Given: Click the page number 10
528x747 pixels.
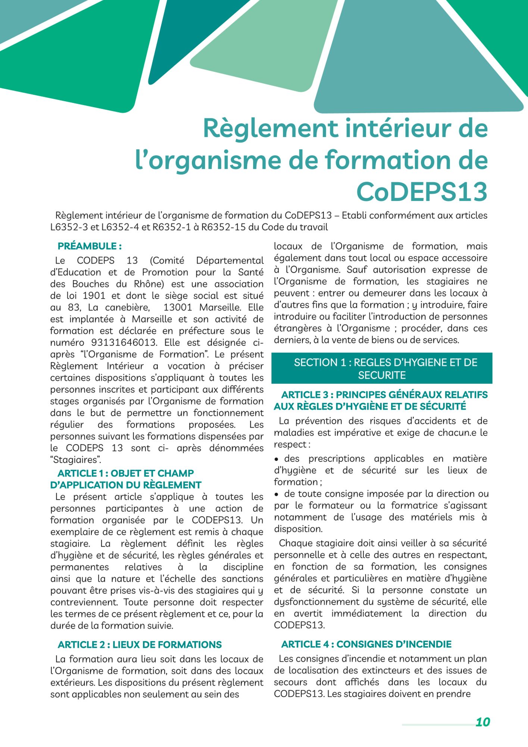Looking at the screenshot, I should (x=482, y=722).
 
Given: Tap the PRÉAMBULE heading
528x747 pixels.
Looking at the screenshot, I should (x=90, y=246).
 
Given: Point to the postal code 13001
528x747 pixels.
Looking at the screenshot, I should (x=178, y=307).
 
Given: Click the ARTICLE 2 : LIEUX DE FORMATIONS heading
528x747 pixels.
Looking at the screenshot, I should (x=140, y=645).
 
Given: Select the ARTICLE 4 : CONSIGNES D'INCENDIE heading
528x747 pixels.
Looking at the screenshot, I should (x=366, y=644).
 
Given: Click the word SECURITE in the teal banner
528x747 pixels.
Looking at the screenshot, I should (x=382, y=375).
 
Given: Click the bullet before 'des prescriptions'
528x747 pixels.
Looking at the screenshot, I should (x=277, y=459).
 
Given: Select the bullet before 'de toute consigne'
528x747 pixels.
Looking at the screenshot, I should (x=277, y=494).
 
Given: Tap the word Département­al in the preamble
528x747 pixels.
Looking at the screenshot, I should (x=230, y=260).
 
